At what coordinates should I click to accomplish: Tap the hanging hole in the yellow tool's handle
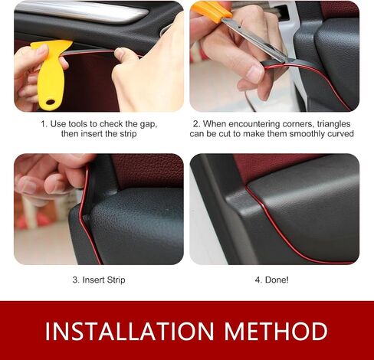[x=51, y=103]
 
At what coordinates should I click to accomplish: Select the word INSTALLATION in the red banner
[x=130, y=331]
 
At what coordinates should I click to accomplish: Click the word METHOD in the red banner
[x=276, y=331]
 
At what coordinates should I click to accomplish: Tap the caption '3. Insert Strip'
[x=99, y=280]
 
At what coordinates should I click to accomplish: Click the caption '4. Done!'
[x=271, y=280]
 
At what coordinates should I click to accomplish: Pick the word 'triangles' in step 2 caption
[x=333, y=124]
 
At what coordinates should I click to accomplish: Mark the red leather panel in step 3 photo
[x=148, y=171]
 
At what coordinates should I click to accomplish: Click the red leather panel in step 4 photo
[x=271, y=166]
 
